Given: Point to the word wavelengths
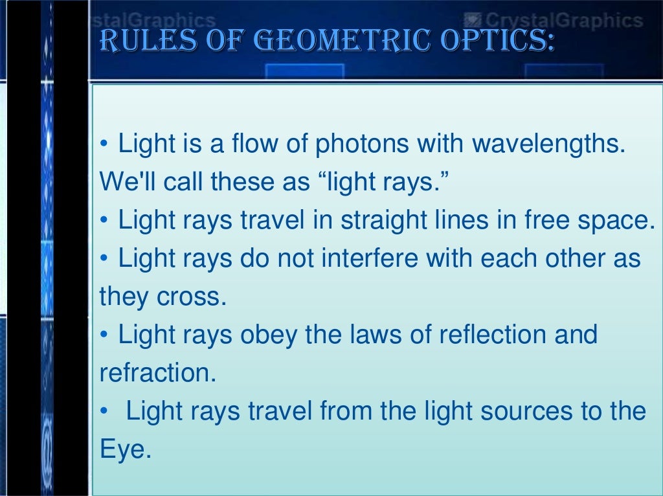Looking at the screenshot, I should click(x=549, y=144).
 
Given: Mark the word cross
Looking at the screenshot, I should click(x=194, y=297).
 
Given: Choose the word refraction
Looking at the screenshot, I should click(x=157, y=374).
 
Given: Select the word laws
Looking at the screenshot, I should click(x=374, y=335).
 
